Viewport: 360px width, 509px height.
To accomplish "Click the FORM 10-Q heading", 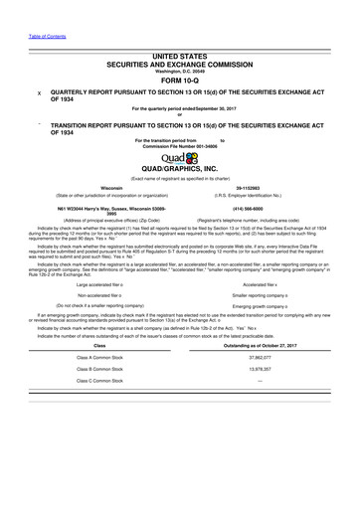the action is point(180,82).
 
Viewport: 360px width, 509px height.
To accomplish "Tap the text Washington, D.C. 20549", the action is point(180,71).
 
